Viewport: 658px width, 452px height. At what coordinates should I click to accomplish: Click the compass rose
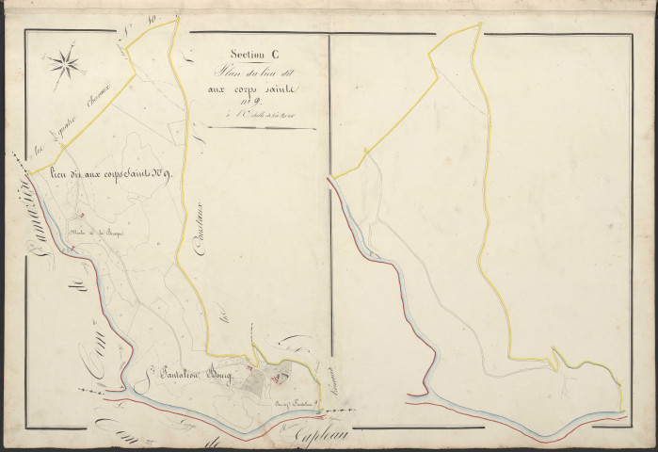[x=65, y=65]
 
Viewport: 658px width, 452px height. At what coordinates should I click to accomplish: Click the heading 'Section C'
[x=246, y=55]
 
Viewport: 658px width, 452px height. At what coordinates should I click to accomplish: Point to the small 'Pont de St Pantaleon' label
[x=291, y=405]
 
